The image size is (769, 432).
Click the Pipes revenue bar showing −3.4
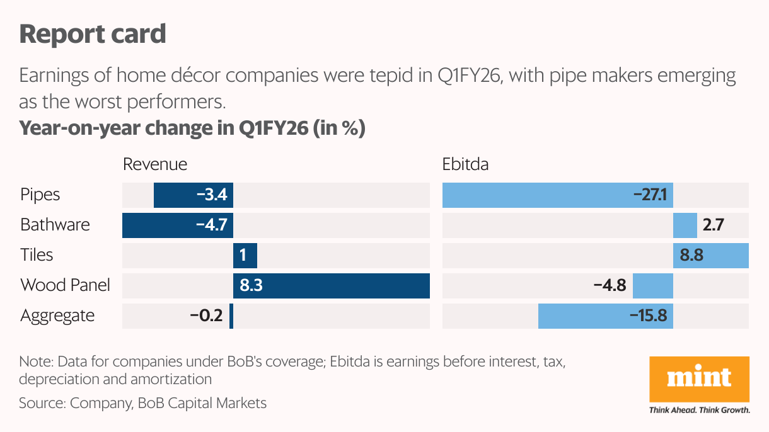[x=194, y=195]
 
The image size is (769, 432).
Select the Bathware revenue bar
[x=178, y=225]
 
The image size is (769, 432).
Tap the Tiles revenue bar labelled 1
[x=245, y=256]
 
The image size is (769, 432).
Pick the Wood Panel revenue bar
[x=332, y=286]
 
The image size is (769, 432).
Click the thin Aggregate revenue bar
[x=231, y=315]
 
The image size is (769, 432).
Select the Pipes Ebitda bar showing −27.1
[x=557, y=195]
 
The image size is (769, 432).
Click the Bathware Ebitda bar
[x=685, y=225]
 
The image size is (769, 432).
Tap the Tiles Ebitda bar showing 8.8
[x=710, y=256]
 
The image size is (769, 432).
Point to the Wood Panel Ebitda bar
[x=653, y=286]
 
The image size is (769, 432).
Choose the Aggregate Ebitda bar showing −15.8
[x=606, y=315]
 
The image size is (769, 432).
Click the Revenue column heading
[x=155, y=164]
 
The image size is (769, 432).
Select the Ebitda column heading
[x=465, y=164]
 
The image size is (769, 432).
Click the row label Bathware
[x=55, y=225]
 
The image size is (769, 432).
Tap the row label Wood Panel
[x=65, y=285]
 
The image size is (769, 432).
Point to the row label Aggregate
[x=57, y=316]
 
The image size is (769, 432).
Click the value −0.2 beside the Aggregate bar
[x=206, y=315]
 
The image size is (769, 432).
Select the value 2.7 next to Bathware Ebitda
[x=714, y=225]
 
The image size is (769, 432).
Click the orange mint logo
[x=699, y=379]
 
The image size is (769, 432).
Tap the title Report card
[x=93, y=34]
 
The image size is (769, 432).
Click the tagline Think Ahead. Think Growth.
[x=699, y=410]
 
